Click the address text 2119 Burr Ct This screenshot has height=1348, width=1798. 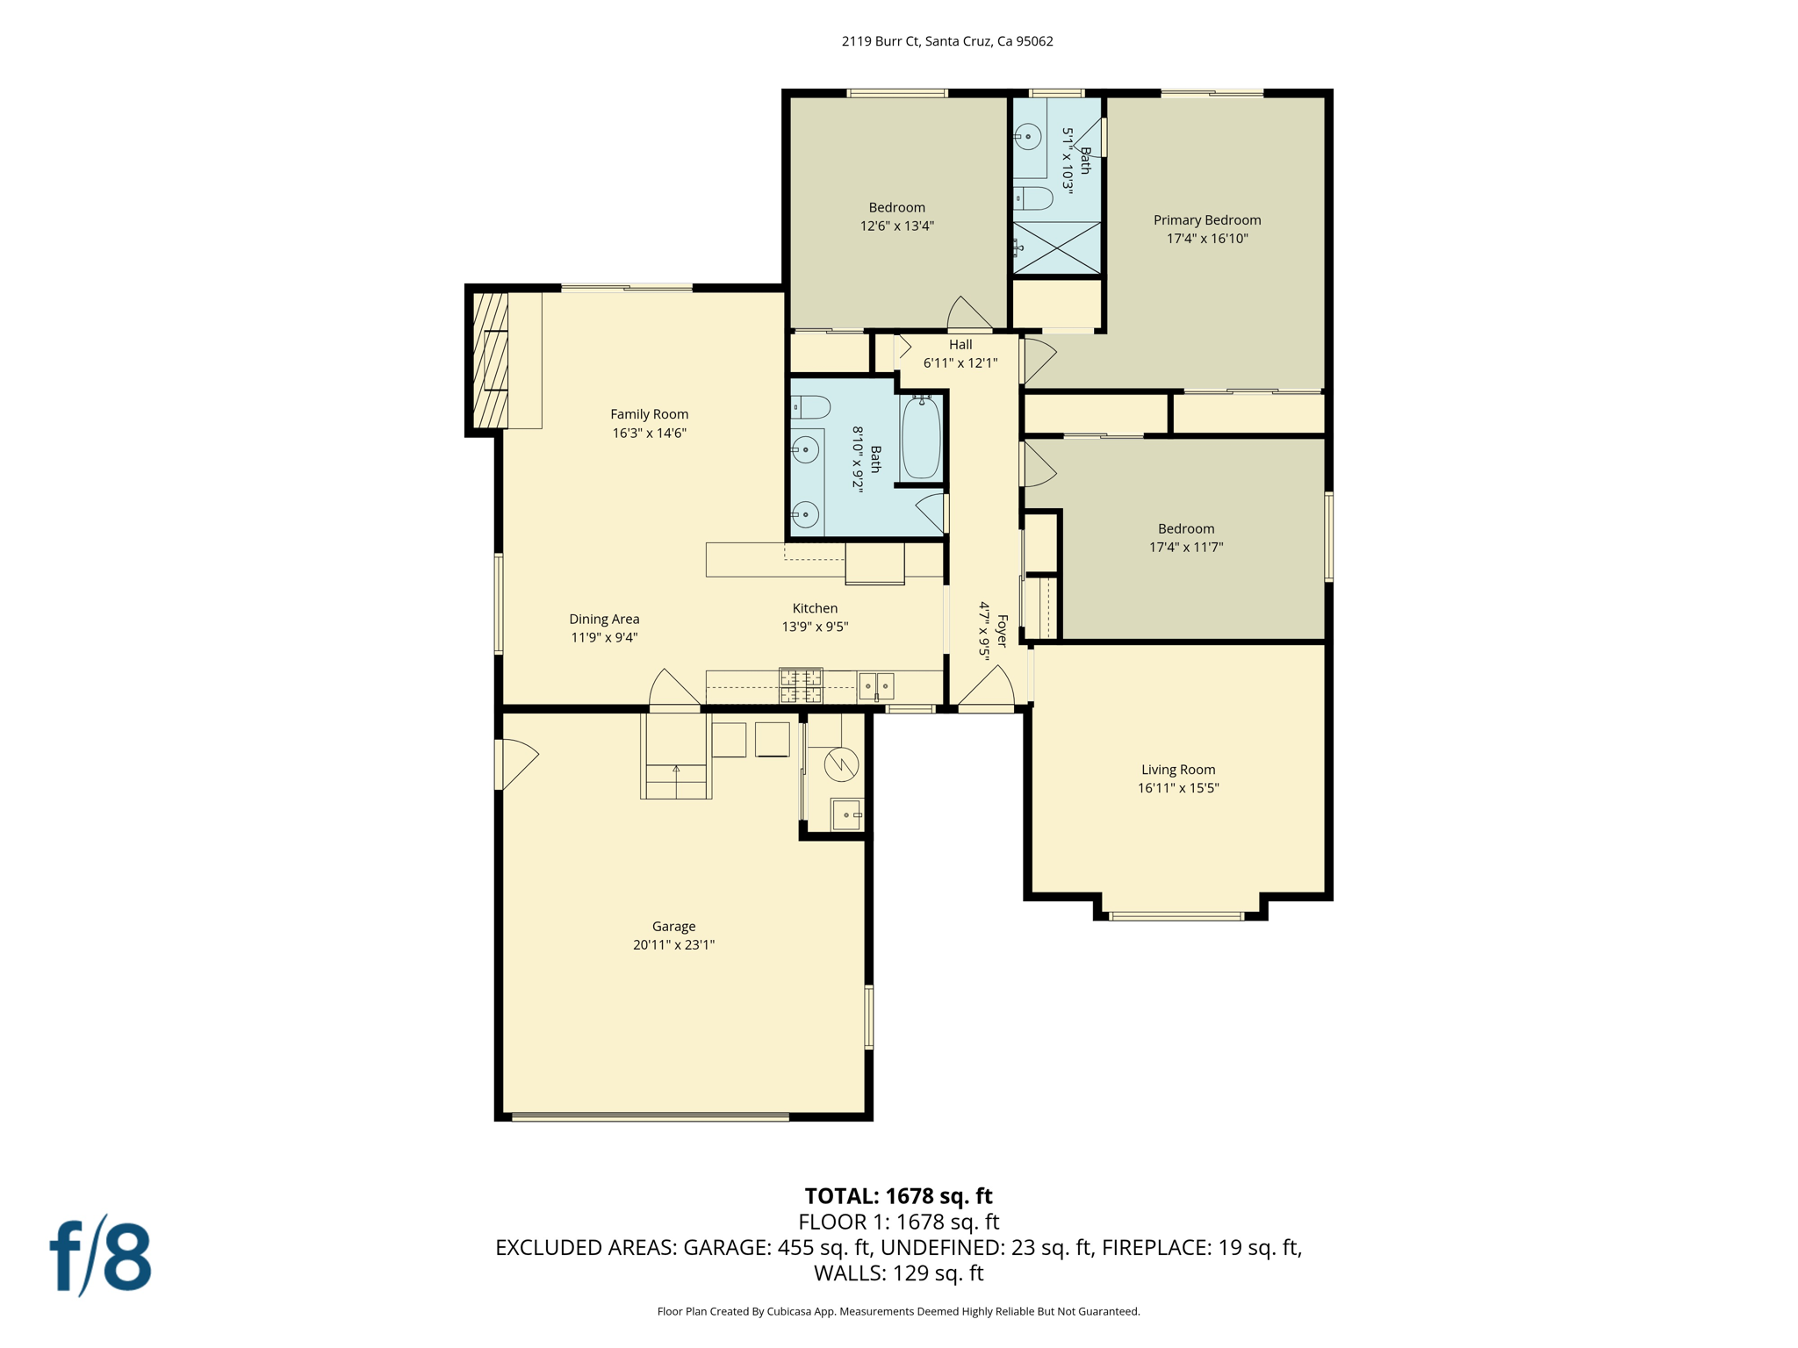click(x=881, y=41)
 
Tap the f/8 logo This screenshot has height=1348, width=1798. click(x=100, y=1256)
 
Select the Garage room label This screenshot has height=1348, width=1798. click(x=673, y=927)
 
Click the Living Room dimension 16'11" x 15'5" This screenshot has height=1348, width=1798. click(x=1178, y=788)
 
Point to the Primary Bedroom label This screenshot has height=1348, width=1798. click(x=1207, y=220)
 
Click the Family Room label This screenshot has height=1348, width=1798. click(x=650, y=414)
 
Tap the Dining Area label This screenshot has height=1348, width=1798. click(x=604, y=620)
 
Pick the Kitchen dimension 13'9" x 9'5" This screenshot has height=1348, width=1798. click(x=815, y=627)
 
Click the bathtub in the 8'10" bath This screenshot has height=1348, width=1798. click(x=921, y=438)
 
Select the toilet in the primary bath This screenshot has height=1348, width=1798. click(x=1033, y=198)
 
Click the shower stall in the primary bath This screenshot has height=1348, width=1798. click(x=1057, y=248)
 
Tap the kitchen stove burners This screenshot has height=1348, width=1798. click(x=801, y=685)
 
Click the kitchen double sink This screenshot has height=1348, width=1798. click(x=876, y=685)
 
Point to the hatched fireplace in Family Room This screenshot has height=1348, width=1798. click(x=491, y=361)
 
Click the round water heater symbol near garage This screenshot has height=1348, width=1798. click(x=841, y=764)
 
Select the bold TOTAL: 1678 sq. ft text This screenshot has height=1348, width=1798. click(x=898, y=1196)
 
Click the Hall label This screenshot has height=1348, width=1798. click(x=960, y=345)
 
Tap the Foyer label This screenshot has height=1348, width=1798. click(x=1002, y=630)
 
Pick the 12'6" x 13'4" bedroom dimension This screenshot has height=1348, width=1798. click(x=896, y=226)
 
